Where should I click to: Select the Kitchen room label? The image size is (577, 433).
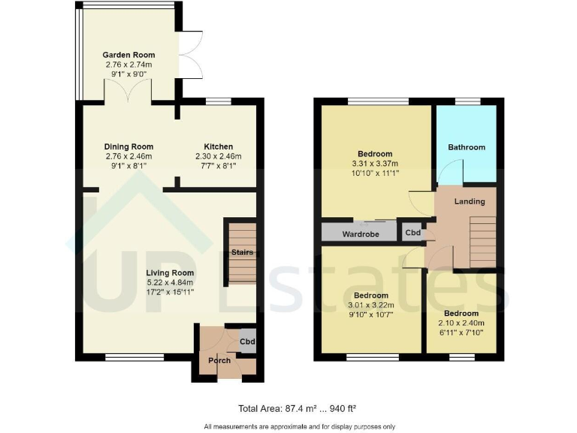coord(219,147)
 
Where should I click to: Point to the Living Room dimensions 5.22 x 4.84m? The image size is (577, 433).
coord(171,283)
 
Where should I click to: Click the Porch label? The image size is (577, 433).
coord(219,360)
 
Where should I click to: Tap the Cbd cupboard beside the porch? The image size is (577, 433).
coord(246,341)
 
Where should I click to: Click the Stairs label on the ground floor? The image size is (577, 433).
coord(242,252)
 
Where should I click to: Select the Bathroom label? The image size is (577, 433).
coord(467,147)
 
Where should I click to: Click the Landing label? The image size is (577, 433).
coord(470,201)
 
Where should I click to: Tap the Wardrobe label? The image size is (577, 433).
coord(359,235)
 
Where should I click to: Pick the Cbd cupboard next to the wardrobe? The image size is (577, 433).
coord(412,233)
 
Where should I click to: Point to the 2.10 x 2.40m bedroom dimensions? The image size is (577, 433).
coord(461,324)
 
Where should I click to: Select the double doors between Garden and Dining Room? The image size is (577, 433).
coord(128,92)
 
